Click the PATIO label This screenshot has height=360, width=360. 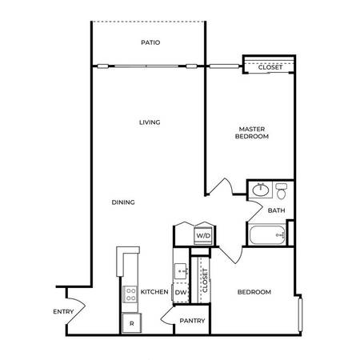pos(150,42)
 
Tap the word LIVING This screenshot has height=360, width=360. pos(150,122)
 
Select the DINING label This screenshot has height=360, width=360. pos(123,202)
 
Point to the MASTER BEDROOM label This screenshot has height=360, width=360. pos(252,133)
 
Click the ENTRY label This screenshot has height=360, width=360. pos(63,311)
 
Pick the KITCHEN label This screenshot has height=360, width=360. pos(154,292)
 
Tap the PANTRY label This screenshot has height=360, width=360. pos(192,321)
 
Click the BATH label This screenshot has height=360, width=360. pos(276,210)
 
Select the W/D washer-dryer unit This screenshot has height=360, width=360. pos(203,236)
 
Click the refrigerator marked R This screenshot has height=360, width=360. pos(132,323)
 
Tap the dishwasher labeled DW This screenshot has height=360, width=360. pos(181,293)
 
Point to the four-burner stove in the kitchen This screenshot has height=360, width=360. pos(130,294)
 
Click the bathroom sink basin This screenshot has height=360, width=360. pos(261,190)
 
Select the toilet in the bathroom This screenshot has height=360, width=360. pos(281,191)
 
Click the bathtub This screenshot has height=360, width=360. pos(267,235)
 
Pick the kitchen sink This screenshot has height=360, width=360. pos(182,271)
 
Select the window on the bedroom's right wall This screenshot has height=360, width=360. pos(300,314)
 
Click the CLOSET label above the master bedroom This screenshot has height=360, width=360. pos(270,67)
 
